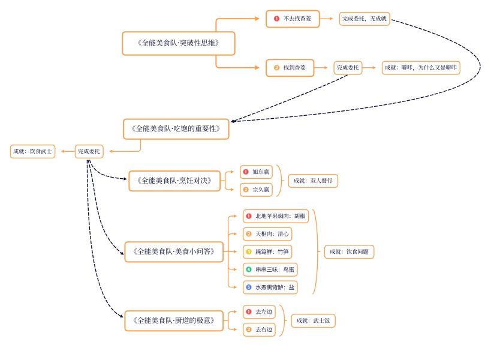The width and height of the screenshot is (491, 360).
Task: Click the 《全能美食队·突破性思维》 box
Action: tap(177, 43)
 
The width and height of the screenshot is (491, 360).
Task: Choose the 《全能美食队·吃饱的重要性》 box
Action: tap(176, 128)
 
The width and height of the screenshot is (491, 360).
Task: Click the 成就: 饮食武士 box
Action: tap(32, 151)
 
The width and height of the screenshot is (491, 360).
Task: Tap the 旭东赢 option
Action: tap(256, 172)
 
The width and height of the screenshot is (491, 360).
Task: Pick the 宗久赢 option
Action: tap(256, 190)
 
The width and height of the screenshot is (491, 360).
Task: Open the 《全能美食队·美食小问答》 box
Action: tap(173, 251)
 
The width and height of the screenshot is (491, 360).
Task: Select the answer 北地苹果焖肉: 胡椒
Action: tap(276, 216)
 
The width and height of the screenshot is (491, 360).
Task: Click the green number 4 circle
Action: tap(248, 269)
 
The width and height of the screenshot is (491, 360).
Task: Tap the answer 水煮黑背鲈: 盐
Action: tap(270, 287)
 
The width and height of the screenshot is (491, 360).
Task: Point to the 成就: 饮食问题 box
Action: tap(349, 251)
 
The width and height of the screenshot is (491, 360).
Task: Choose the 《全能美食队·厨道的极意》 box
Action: tap(173, 321)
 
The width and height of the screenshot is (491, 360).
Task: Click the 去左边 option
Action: tap(259, 312)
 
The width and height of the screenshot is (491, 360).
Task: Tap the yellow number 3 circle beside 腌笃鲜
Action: tap(248, 251)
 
